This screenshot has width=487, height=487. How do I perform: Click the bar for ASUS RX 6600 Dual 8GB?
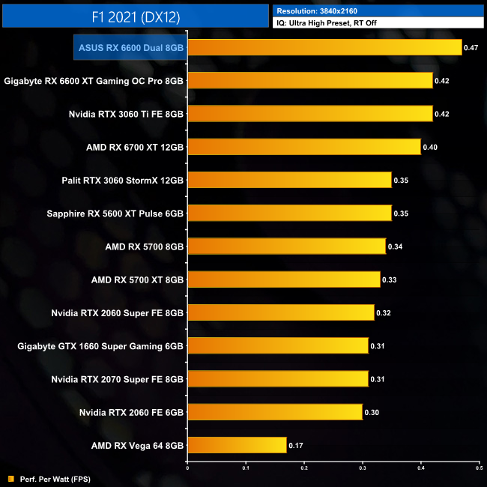(324, 48)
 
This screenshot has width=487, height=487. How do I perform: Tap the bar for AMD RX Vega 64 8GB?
(237, 446)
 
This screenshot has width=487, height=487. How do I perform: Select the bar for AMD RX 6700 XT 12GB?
(303, 147)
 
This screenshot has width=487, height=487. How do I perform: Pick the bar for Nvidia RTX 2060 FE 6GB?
(275, 412)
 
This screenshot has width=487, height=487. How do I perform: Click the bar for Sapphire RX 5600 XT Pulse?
(289, 214)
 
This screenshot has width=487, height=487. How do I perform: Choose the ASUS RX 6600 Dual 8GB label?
(131, 48)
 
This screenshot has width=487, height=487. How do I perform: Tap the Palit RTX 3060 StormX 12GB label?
(122, 180)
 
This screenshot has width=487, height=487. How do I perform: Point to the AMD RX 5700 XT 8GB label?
(137, 279)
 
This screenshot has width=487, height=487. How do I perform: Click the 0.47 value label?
(471, 48)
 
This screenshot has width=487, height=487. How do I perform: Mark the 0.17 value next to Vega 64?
(296, 446)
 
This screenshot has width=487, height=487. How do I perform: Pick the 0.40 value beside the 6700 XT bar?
(430, 147)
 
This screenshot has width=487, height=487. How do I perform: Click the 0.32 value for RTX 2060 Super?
(384, 313)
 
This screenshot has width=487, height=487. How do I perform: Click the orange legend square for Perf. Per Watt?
(10, 479)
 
